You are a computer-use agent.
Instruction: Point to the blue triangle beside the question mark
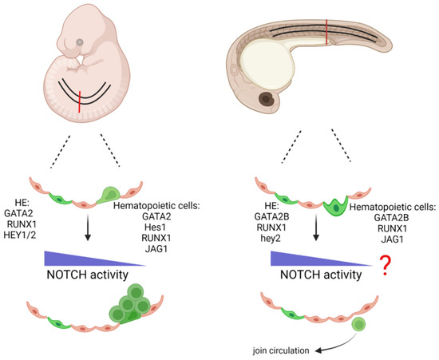(303, 258)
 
